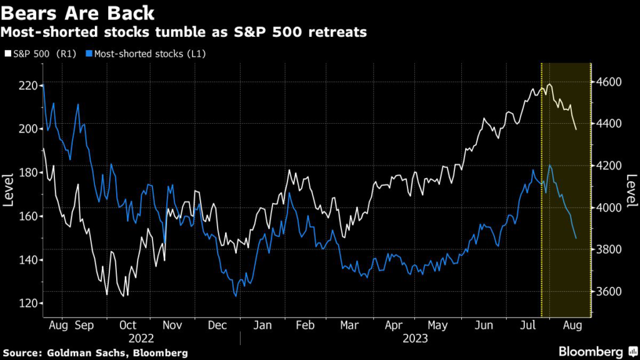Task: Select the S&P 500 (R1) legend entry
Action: click(x=40, y=54)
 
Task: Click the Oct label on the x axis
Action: click(x=127, y=326)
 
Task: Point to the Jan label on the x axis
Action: click(x=262, y=326)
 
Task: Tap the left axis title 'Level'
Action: click(x=9, y=189)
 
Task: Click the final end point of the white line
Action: click(x=576, y=129)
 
